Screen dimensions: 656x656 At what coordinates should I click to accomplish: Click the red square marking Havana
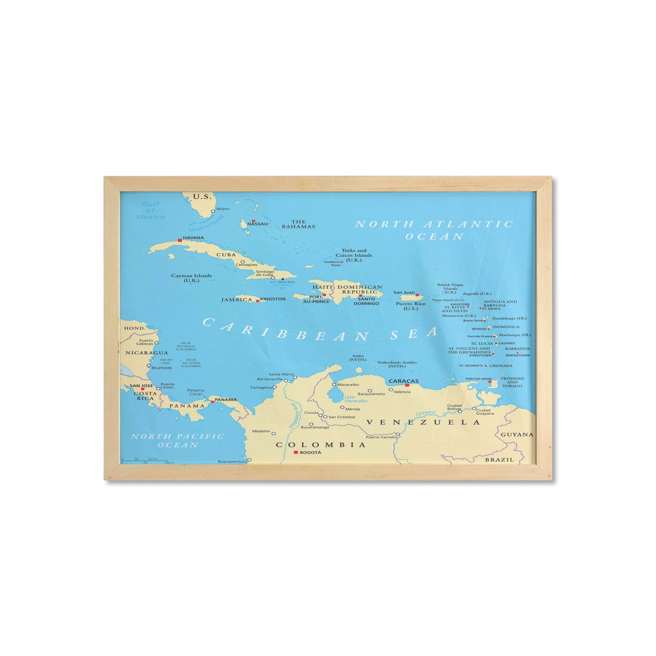[x=180, y=240]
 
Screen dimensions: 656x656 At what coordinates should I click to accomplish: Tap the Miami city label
[x=223, y=209]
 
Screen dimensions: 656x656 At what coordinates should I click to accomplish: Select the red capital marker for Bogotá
[x=296, y=452]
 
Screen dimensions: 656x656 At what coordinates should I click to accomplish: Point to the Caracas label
[x=404, y=381]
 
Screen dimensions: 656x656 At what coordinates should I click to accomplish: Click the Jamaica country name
[x=236, y=300]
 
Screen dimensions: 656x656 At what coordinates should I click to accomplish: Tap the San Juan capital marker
[x=417, y=295]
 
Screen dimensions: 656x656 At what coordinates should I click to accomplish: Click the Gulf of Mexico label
[x=150, y=210]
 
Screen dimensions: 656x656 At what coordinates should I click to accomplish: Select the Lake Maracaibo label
[x=356, y=399]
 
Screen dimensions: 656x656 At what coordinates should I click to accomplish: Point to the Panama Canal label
[x=195, y=392]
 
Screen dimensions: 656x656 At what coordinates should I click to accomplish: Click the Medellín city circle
[x=274, y=433]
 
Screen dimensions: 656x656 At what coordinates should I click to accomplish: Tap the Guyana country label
[x=517, y=435]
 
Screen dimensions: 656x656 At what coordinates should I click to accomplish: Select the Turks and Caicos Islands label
[x=354, y=255]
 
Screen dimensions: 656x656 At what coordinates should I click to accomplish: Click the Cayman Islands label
[x=192, y=278]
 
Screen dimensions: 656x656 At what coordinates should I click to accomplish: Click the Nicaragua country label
[x=147, y=352]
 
